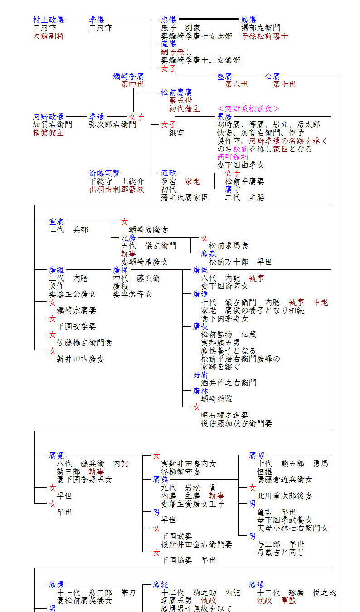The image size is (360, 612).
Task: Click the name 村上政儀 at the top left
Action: pos(49,20)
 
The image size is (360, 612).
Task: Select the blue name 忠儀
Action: pos(169,20)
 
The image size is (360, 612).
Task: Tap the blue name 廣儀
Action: pos(249,20)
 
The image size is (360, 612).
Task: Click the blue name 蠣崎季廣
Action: pos(129,76)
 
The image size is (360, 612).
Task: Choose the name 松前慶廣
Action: pos(176,92)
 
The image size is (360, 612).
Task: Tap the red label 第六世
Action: pos(237,84)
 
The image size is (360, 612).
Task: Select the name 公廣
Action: pos(272,76)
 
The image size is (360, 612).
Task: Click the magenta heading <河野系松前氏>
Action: pos(248,108)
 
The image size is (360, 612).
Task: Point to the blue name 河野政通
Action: pos(49,117)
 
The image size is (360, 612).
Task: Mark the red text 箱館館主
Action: pos(49,133)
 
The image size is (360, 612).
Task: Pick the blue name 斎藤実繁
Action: pos(105,173)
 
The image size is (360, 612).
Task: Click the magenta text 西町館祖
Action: pos(233,157)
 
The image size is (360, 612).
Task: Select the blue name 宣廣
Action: pos(57,221)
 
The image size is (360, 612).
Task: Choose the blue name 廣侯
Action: pos(200,270)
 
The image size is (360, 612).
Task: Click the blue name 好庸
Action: pos(200,374)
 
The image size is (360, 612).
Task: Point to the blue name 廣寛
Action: pos(57,455)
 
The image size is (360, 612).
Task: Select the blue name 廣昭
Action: pos(256,455)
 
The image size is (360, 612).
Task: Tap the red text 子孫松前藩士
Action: pos(265,36)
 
